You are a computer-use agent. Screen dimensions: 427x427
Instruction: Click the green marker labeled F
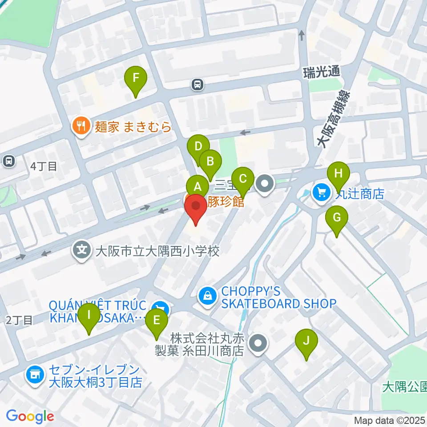tap(137, 81)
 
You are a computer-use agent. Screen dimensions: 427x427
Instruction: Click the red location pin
tap(195, 207)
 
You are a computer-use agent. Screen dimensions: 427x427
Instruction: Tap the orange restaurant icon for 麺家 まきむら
tap(80, 126)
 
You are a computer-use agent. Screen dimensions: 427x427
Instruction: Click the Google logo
tap(30, 416)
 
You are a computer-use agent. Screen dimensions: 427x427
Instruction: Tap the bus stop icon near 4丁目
tap(8, 161)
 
